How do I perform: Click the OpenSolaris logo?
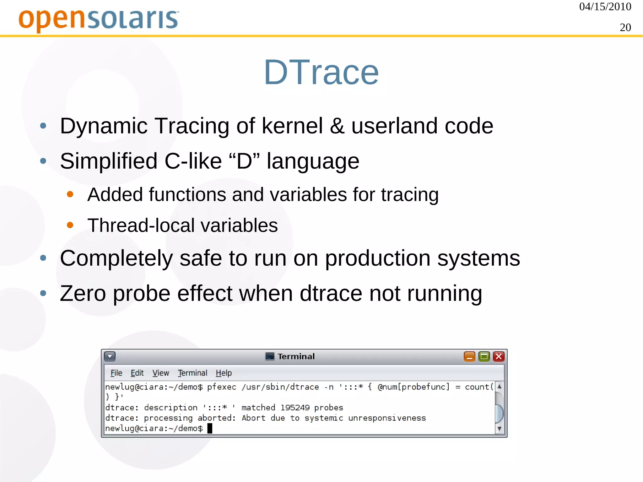pyautogui.click(x=98, y=19)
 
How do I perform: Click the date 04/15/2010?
pyautogui.click(x=605, y=7)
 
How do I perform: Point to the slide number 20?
pyautogui.click(x=625, y=28)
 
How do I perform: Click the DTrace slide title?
pyautogui.click(x=321, y=73)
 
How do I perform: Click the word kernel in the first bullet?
pyautogui.click(x=292, y=126)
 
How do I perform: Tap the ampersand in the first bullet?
pyautogui.click(x=337, y=126)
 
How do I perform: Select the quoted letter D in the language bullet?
pyautogui.click(x=244, y=161)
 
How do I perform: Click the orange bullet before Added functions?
pyautogui.click(x=70, y=194)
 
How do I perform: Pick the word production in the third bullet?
pyautogui.click(x=377, y=258)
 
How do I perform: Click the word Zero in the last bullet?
pyautogui.click(x=83, y=294)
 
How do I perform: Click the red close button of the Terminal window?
pyautogui.click(x=499, y=357)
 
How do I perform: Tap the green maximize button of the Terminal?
pyautogui.click(x=484, y=357)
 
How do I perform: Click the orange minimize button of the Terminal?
pyautogui.click(x=469, y=357)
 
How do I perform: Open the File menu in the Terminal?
pyautogui.click(x=116, y=373)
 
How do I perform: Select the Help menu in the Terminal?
pyautogui.click(x=224, y=373)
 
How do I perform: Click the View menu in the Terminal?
pyautogui.click(x=160, y=373)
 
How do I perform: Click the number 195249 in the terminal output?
pyautogui.click(x=295, y=408)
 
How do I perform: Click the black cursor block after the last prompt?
pyautogui.click(x=210, y=428)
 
